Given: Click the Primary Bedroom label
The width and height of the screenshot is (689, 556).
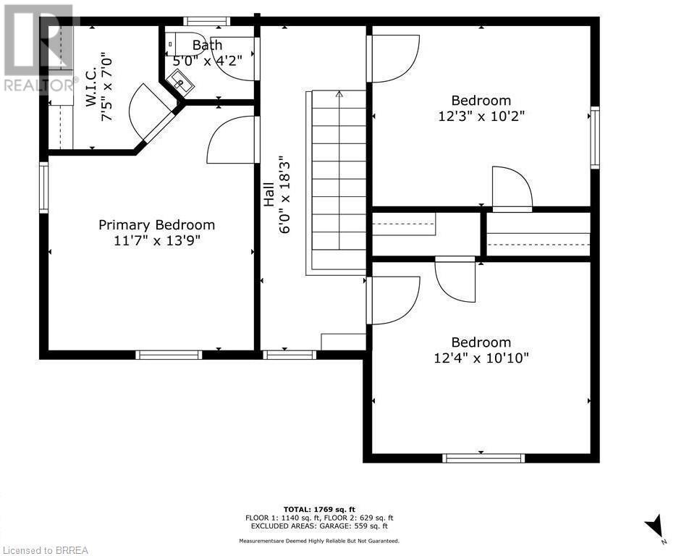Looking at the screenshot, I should pos(156,225).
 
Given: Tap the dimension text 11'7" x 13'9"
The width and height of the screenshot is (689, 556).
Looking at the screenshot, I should pos(156,240).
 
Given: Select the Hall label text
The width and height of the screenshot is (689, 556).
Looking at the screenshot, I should pos(269,193).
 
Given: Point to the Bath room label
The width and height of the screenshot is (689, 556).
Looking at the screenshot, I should pos(207,45).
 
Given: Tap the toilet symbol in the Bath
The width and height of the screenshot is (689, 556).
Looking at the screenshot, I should pos(176,41).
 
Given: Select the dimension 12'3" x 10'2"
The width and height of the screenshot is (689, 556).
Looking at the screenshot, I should pos(481,116).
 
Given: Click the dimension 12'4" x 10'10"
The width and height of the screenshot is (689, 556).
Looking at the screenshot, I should pos(481,358).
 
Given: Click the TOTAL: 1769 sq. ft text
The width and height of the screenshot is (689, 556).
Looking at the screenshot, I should pos(319,509).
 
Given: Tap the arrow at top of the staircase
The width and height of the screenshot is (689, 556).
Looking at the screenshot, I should pos(339,94).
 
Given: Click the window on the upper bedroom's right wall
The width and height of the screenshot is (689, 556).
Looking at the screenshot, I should pos(595,138).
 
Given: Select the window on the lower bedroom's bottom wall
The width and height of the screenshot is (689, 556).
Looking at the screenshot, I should pos(483,458).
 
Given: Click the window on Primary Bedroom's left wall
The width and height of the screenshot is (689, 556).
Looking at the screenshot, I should pos(44,188).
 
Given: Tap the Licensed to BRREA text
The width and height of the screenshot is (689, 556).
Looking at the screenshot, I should pos(45,550).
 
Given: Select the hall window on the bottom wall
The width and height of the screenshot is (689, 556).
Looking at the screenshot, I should pos(289,355).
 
